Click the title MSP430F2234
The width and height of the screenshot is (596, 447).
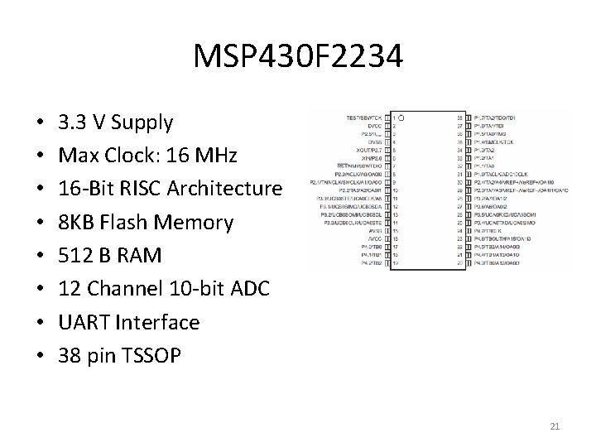298,56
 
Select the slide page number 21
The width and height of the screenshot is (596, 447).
555,426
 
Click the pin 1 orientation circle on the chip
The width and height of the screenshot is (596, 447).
402,118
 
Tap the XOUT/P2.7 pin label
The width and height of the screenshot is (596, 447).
374,150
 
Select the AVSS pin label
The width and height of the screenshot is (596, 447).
379,231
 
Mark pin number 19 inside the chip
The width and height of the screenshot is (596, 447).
396,263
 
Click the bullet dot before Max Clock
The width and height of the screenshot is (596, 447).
41,156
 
